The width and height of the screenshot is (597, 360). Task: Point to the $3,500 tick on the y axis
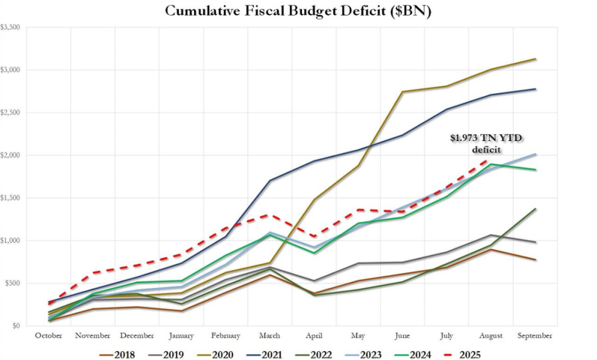[x=12, y=27]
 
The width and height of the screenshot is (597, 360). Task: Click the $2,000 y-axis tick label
[x=12, y=155]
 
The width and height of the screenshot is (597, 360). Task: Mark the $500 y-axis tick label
[x=14, y=284]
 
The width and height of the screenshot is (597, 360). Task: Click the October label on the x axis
[x=49, y=336]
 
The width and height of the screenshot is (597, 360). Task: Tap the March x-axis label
[x=270, y=336]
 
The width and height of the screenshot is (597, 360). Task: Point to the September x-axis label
[x=536, y=336]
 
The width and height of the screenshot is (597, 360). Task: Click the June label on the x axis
[x=403, y=336]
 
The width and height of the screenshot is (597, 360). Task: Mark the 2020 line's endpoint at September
[x=536, y=59]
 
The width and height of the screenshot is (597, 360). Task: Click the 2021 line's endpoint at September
[x=536, y=89]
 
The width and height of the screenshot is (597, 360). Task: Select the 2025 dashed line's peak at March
[x=270, y=214]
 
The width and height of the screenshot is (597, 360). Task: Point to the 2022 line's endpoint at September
[x=536, y=209]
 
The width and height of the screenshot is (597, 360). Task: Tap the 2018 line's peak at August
[x=491, y=250]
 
